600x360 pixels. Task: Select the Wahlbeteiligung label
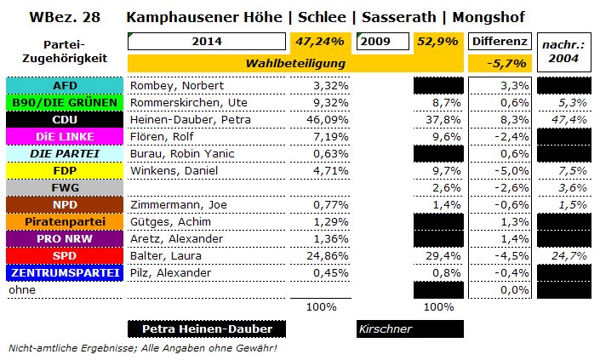(x=294, y=63)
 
